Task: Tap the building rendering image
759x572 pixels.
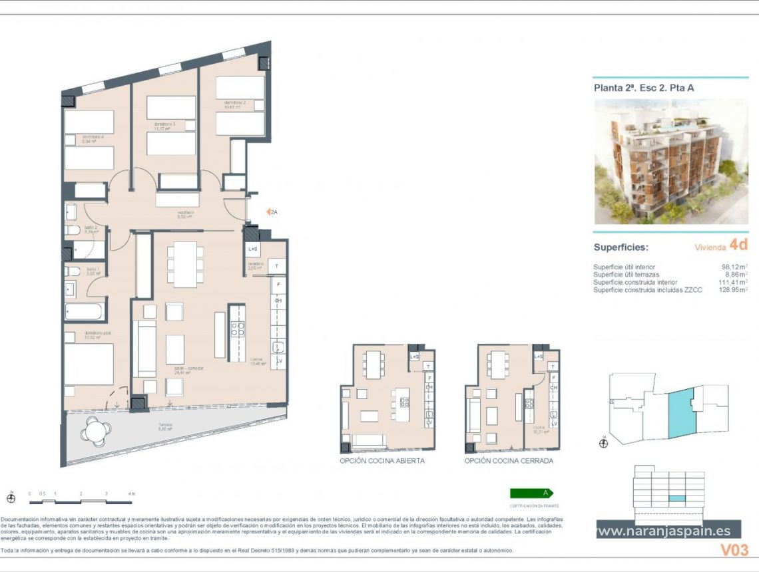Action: pyautogui.click(x=670, y=162)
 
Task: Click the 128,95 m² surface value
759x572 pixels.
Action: pyautogui.click(x=732, y=289)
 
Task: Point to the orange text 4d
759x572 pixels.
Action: pyautogui.click(x=738, y=245)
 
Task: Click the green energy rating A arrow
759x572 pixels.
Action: pyautogui.click(x=532, y=493)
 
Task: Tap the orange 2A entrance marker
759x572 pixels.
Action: pyautogui.click(x=272, y=212)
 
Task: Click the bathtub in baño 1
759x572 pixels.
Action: pyautogui.click(x=85, y=312)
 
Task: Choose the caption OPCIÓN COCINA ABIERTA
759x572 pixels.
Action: pyautogui.click(x=381, y=460)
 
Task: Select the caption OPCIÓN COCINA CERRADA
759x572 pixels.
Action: pyautogui.click(x=509, y=460)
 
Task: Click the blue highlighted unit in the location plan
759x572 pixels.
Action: pyautogui.click(x=682, y=413)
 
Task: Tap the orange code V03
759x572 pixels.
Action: pyautogui.click(x=734, y=549)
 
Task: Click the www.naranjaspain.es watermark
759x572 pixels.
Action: pyautogui.click(x=663, y=531)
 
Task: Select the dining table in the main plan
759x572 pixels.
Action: pyautogui.click(x=186, y=264)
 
